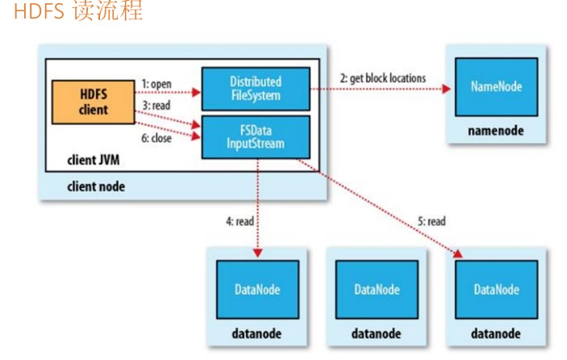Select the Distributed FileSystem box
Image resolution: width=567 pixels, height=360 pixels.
(x=256, y=89)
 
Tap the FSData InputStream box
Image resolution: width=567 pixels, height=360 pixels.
(x=256, y=135)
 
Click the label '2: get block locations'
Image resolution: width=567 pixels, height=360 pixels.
(x=383, y=77)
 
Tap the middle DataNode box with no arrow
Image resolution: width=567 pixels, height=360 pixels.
(x=377, y=289)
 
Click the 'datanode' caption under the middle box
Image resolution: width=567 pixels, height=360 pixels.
(x=377, y=333)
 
